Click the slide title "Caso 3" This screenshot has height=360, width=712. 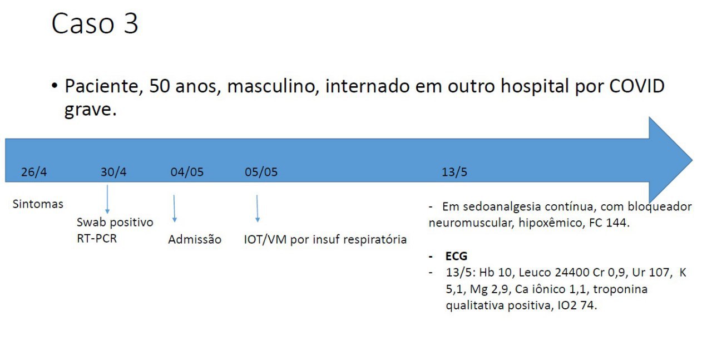[x=95, y=24]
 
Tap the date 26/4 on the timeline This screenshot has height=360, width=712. [x=34, y=172]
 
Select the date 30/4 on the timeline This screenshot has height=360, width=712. [x=113, y=172]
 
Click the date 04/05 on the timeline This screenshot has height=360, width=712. [x=187, y=172]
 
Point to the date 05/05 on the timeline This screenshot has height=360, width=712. [x=261, y=172]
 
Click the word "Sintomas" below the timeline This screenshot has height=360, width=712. [x=38, y=204]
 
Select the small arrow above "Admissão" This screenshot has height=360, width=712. [x=175, y=208]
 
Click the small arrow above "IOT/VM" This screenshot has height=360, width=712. [x=257, y=208]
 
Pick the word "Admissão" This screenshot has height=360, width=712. [x=195, y=240]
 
